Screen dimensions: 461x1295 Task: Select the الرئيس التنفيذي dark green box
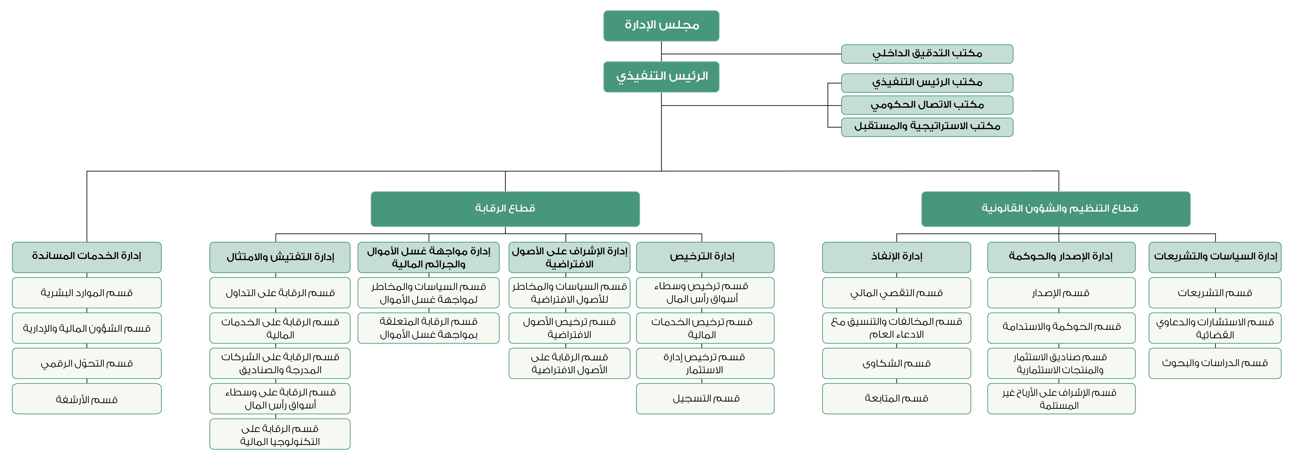click(661, 77)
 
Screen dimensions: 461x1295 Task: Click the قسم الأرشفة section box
click(87, 399)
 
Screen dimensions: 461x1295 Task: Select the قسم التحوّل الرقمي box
click(87, 363)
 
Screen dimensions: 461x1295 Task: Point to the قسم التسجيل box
click(705, 399)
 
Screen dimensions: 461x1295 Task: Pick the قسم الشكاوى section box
click(896, 363)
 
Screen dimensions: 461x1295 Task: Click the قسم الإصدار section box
click(1061, 293)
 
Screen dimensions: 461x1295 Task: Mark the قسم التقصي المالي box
click(896, 293)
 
